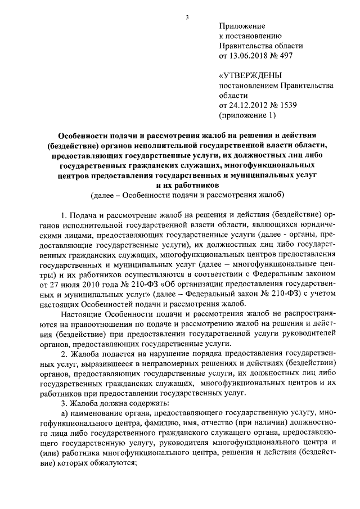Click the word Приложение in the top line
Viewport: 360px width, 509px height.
241,26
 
